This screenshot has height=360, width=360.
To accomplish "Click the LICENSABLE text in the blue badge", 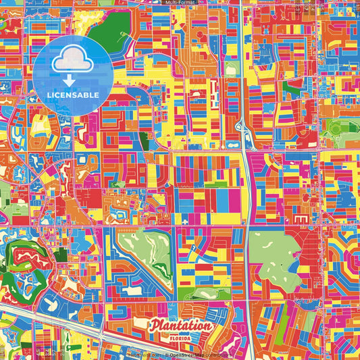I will [x=74, y=95].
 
